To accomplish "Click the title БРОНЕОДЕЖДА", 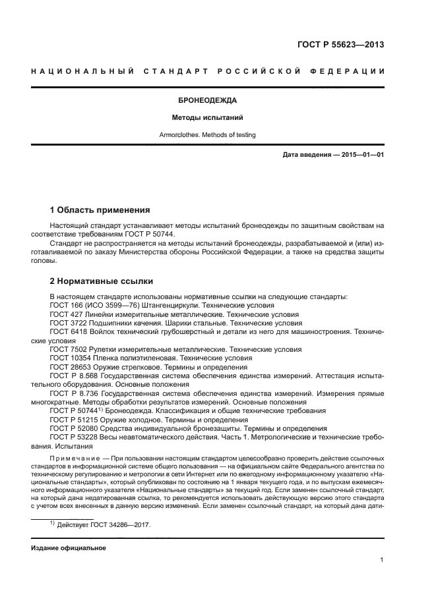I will (208, 101).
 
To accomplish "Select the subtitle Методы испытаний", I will (208, 118).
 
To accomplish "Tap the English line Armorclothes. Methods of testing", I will (208, 135).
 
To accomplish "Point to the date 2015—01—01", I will (361, 154).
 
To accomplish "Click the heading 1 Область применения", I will (100, 210).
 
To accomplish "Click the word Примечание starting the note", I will (76, 458).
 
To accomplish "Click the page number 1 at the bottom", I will (382, 560).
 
